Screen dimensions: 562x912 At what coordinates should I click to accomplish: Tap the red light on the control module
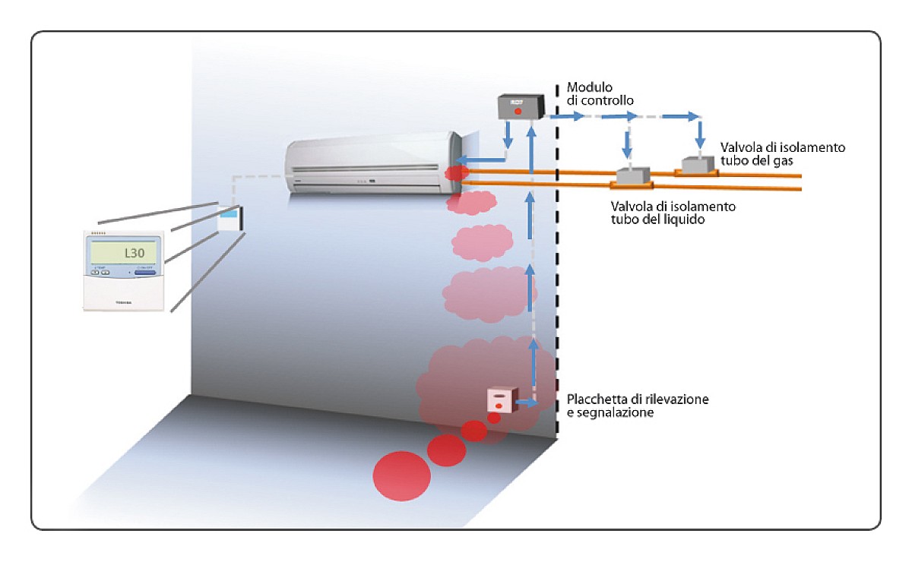(518, 112)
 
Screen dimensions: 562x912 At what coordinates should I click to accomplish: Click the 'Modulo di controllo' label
(600, 93)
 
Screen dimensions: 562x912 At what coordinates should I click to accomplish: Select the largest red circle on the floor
(401, 476)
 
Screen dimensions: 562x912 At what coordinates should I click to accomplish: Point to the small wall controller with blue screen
(230, 218)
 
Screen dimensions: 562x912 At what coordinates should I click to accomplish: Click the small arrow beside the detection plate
(527, 403)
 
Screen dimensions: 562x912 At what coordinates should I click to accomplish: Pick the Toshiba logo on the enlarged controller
(123, 302)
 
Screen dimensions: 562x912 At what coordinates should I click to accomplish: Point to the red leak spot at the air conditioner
(456, 173)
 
